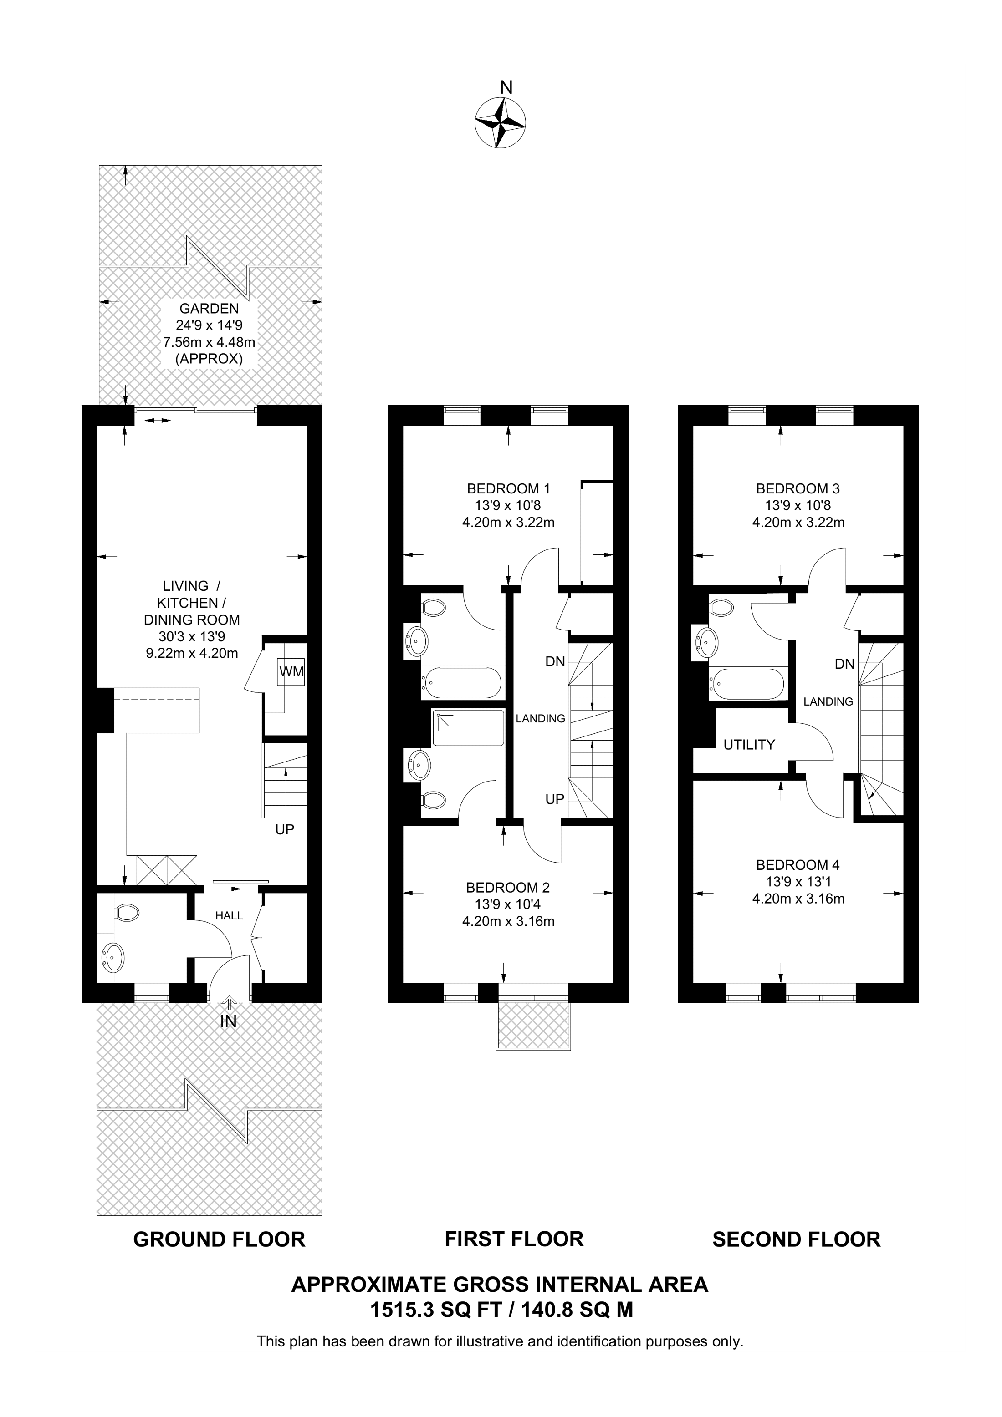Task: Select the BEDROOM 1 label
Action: [508, 489]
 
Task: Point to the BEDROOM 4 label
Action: [798, 865]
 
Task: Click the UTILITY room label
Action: [749, 745]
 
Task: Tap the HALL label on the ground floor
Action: [229, 916]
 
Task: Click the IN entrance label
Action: [229, 1021]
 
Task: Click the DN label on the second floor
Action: [844, 664]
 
